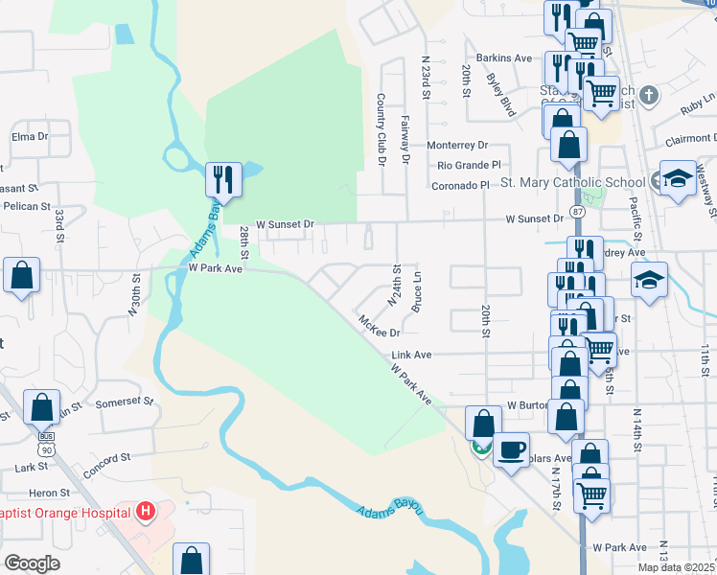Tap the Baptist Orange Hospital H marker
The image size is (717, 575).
pyautogui.click(x=146, y=513)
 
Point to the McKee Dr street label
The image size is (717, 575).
pyautogui.click(x=379, y=327)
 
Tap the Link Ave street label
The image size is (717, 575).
pyautogui.click(x=411, y=355)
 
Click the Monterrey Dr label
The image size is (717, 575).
pyautogui.click(x=457, y=146)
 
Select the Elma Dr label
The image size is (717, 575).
pyautogui.click(x=30, y=137)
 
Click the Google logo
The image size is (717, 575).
pyautogui.click(x=31, y=563)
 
